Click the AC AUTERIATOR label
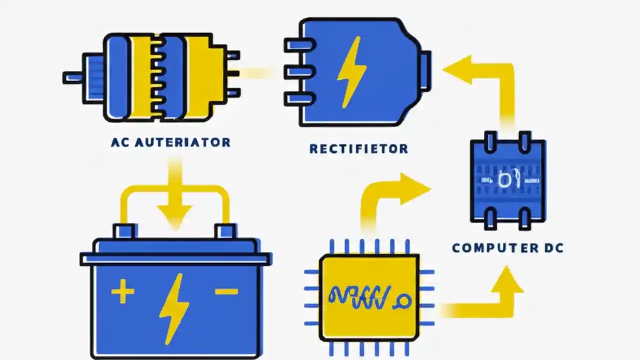pyautogui.click(x=171, y=142)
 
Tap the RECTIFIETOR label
pyautogui.click(x=358, y=149)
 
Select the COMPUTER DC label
pyautogui.click(x=508, y=248)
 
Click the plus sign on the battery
pyautogui.click(x=122, y=292)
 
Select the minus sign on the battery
pyautogui.click(x=226, y=291)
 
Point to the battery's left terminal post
pyautogui.click(x=124, y=231)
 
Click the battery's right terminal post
pyautogui.click(x=225, y=231)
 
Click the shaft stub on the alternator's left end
pyautogui.click(x=73, y=77)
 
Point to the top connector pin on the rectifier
pyautogui.click(x=299, y=45)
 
